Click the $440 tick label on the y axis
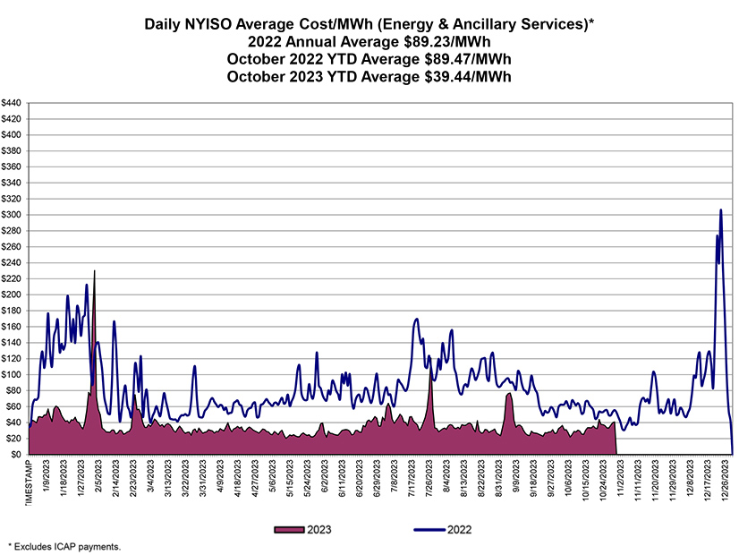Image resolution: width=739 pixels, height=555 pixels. click(x=13, y=103)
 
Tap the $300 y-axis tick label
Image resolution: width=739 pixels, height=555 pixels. click(x=13, y=215)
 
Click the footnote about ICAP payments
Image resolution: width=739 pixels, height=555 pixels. click(x=64, y=545)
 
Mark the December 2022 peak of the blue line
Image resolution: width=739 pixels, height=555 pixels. click(x=721, y=210)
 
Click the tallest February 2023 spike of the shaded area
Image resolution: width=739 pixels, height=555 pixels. click(x=94, y=270)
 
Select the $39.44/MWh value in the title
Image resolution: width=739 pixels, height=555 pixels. click(x=471, y=77)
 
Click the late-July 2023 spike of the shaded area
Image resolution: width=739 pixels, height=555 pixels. click(x=430, y=380)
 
